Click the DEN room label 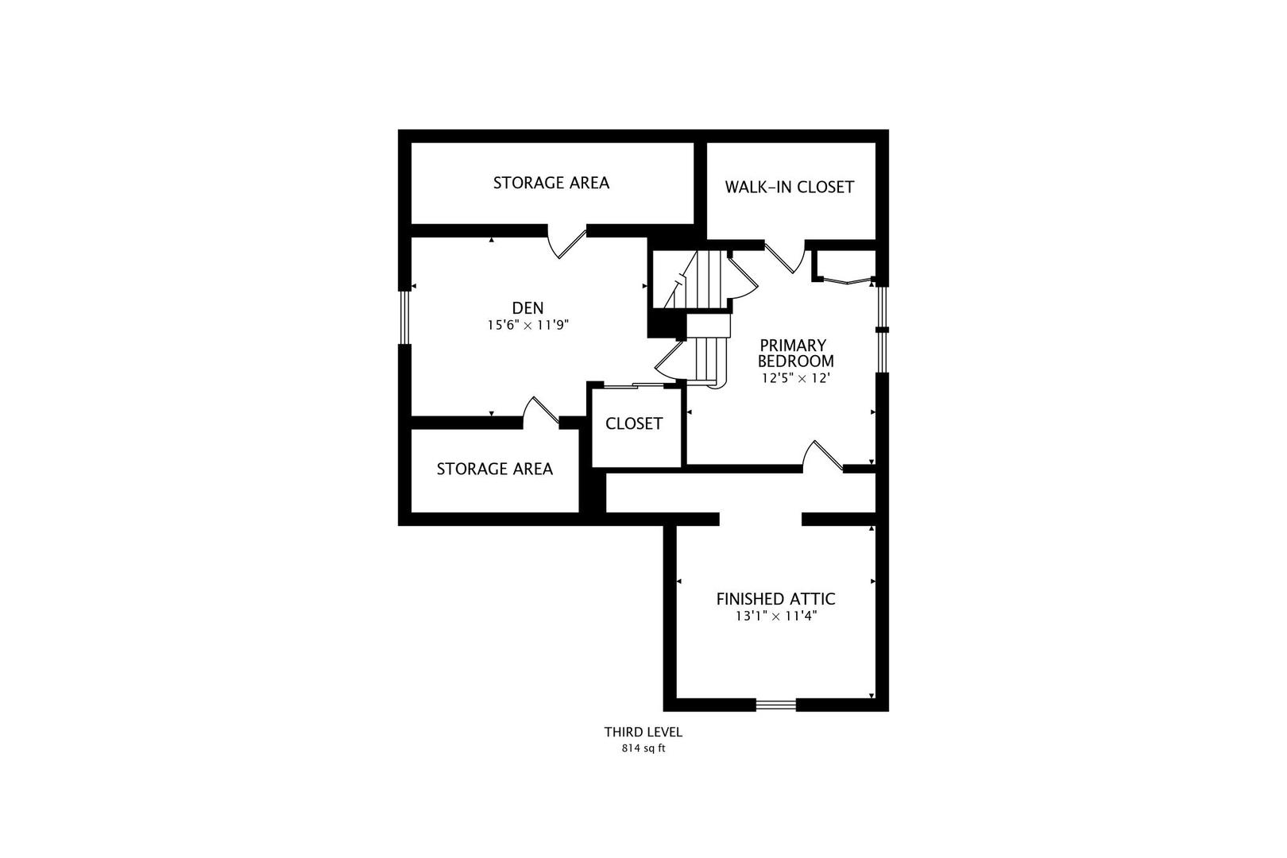(x=528, y=308)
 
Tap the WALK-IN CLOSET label (x=789, y=187)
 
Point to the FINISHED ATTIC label (x=775, y=599)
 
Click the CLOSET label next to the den (x=633, y=424)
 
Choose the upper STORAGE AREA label (x=551, y=183)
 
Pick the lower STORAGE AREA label (x=494, y=469)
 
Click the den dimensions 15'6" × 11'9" (x=528, y=325)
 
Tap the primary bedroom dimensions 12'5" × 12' (x=795, y=378)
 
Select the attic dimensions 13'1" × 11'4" (x=776, y=616)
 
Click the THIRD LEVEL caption (x=643, y=732)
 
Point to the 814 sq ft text (x=643, y=748)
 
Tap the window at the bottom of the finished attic (x=775, y=704)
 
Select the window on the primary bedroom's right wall (x=881, y=329)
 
